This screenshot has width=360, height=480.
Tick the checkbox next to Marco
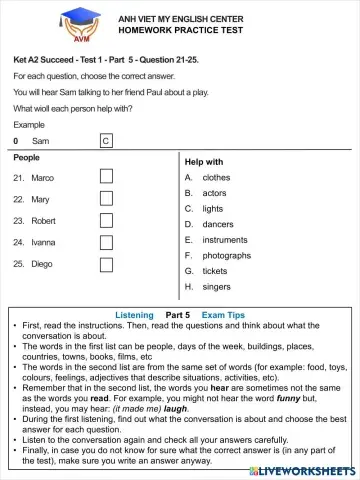(106, 177)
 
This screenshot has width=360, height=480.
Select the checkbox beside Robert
(106, 220)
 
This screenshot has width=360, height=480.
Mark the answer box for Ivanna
(106, 242)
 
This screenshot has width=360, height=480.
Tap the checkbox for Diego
(106, 264)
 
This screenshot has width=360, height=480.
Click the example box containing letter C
(106, 141)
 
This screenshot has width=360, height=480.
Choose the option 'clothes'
(216, 177)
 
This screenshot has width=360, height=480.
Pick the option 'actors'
(214, 193)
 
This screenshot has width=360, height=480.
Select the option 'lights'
(213, 209)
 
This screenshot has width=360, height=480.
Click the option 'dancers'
(217, 224)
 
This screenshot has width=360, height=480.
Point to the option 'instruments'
(224, 240)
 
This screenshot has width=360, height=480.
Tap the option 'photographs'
(227, 255)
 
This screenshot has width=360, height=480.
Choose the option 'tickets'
(215, 271)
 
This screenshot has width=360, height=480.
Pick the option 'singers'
(216, 286)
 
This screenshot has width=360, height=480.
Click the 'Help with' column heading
(204, 161)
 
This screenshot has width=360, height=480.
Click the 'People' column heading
(27, 158)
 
